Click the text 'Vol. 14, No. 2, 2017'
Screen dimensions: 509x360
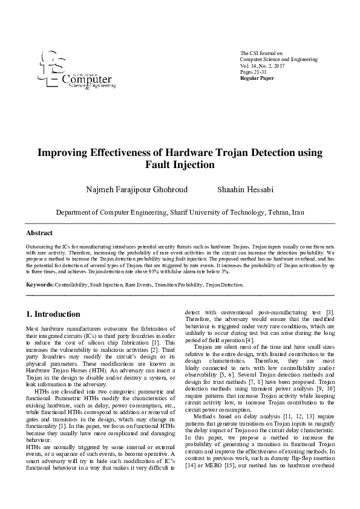(262, 65)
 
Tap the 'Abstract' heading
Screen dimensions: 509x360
(39, 233)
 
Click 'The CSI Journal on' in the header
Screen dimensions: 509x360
(261, 53)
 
